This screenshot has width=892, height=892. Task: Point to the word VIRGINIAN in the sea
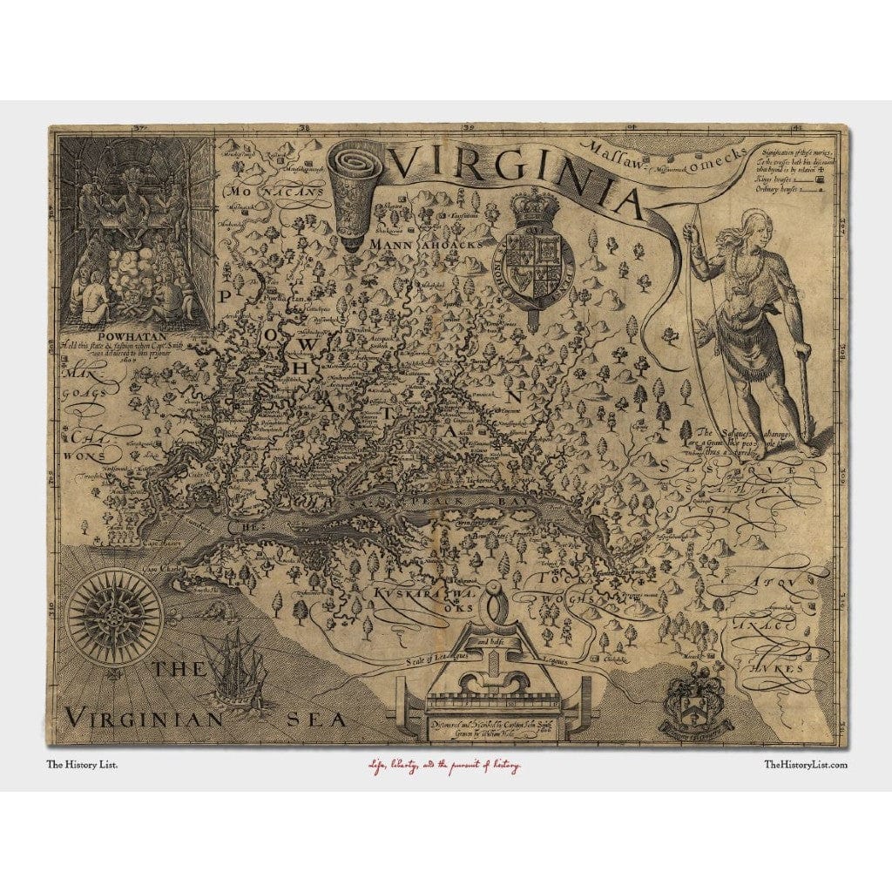(x=145, y=719)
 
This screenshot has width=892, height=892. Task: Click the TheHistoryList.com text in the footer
(x=804, y=765)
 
